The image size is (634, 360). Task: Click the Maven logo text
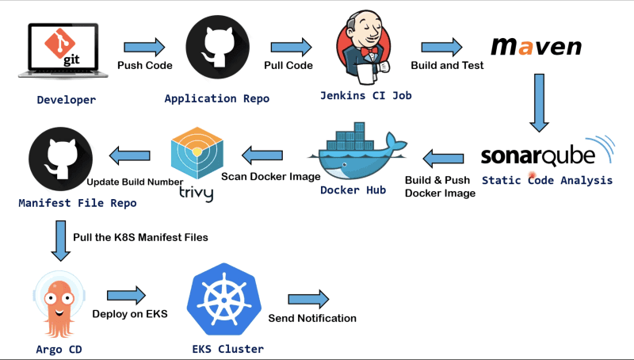tap(536, 46)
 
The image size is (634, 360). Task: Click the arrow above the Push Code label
tap(145, 46)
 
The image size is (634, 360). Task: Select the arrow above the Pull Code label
tap(290, 46)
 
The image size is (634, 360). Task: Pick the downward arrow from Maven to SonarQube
tap(539, 102)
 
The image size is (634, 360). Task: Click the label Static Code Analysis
tap(547, 180)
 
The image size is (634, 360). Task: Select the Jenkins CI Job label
tap(365, 95)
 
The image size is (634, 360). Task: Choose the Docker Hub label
tap(352, 190)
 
